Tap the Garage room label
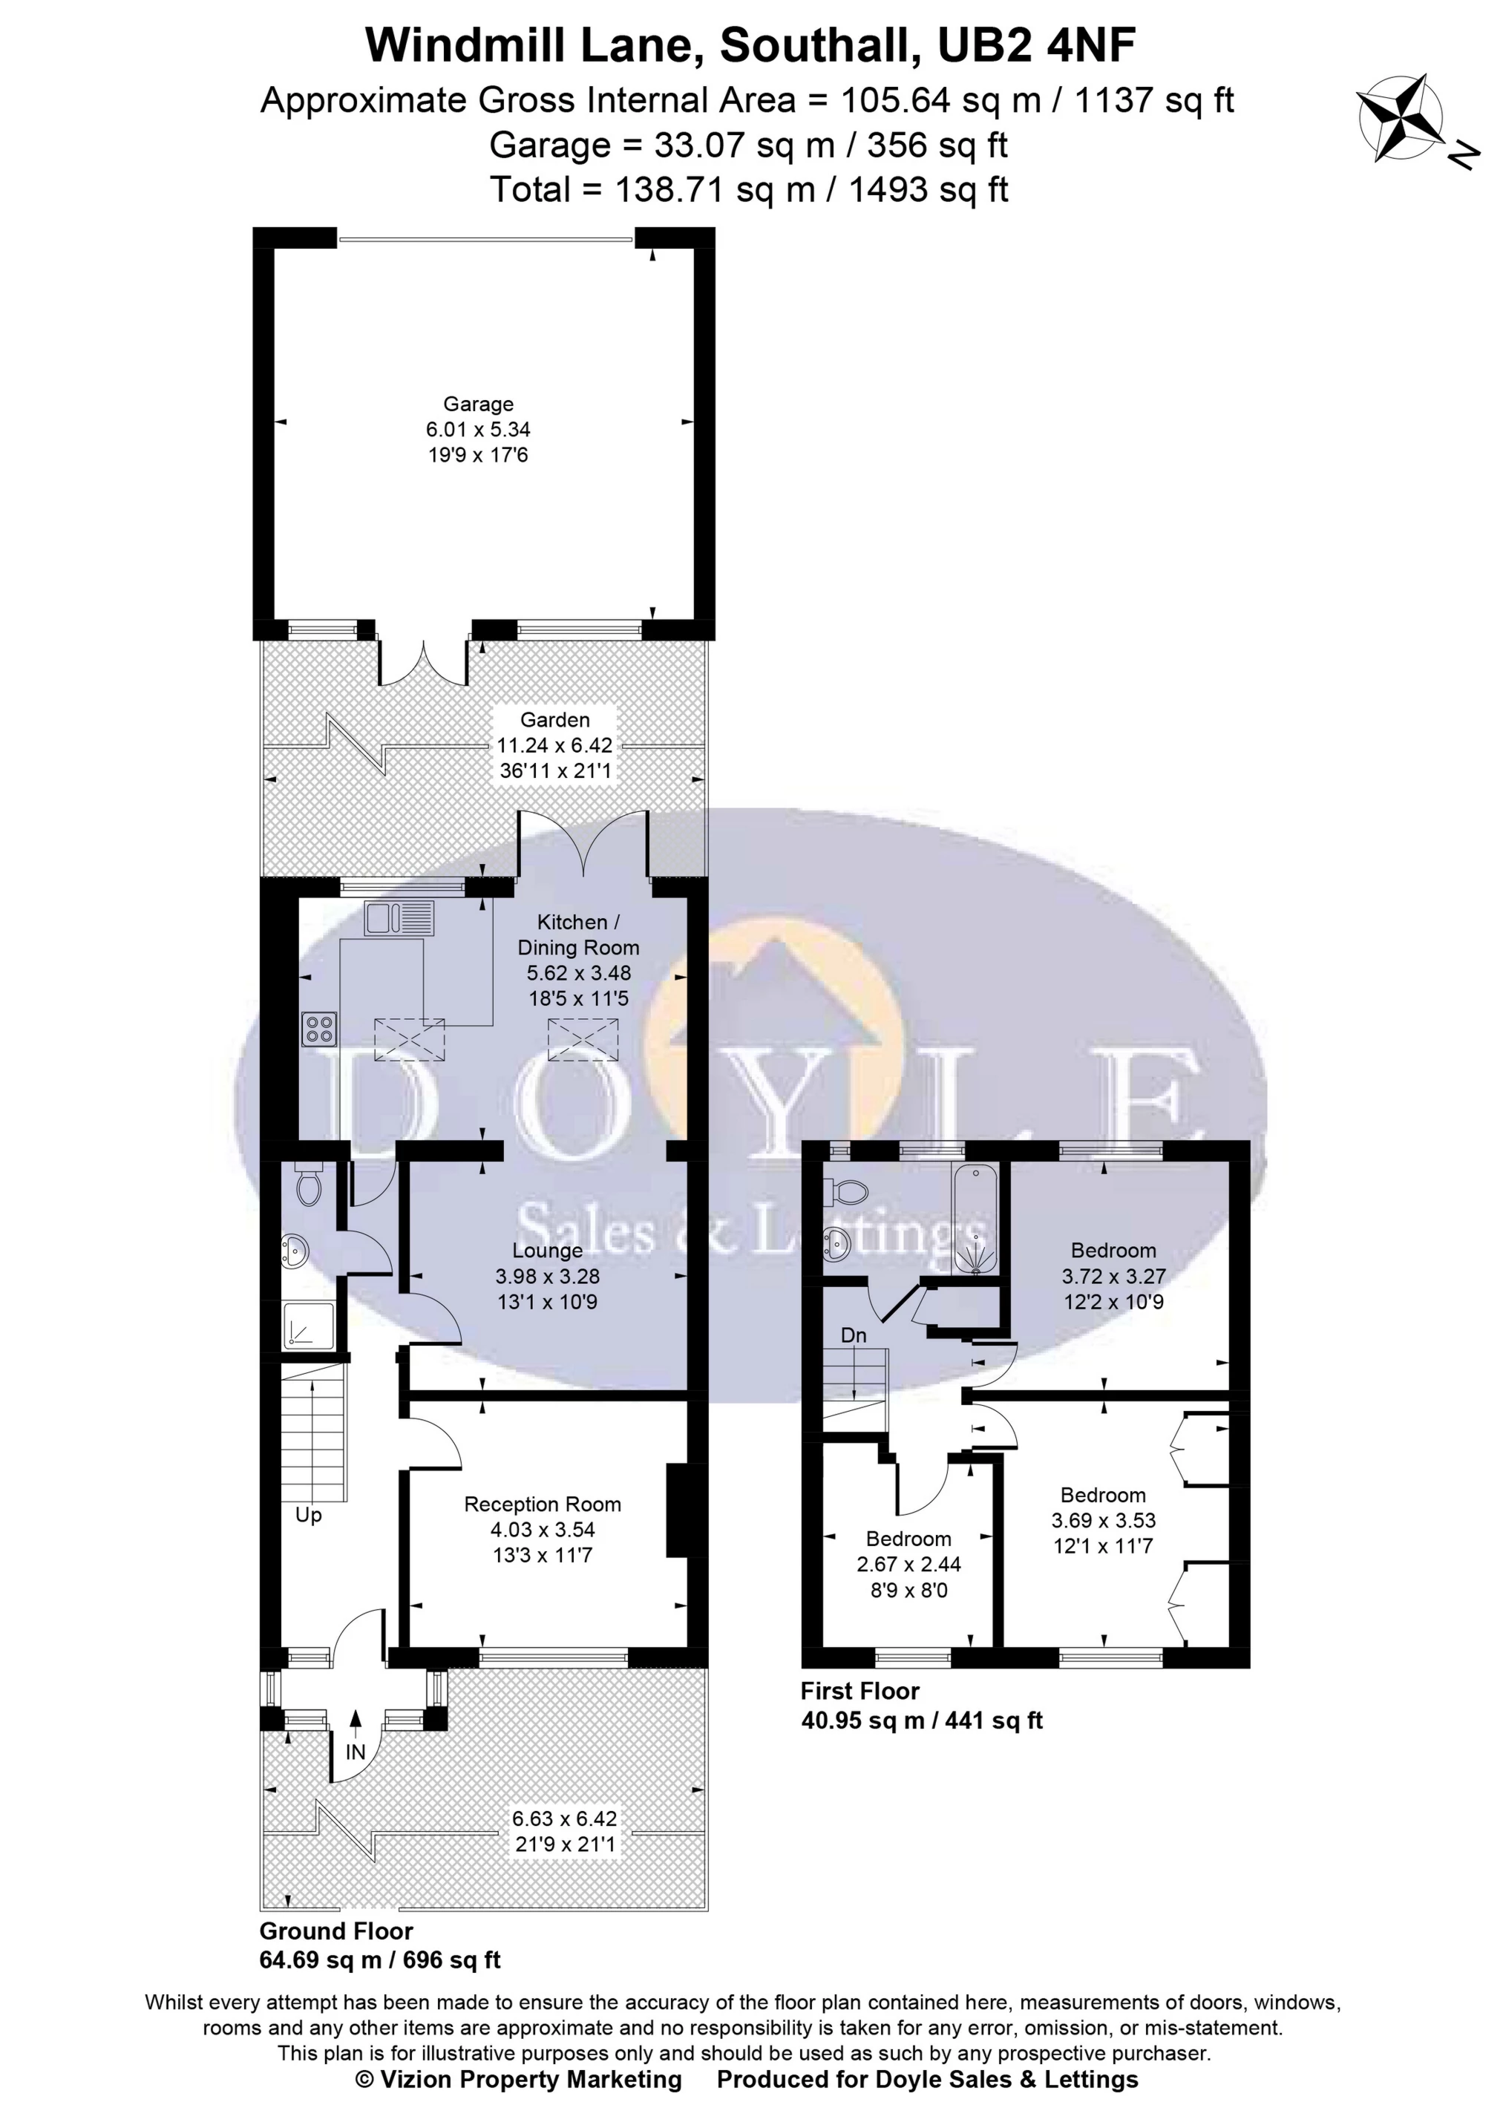pyautogui.click(x=477, y=405)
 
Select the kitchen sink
pyautogui.click(x=393, y=918)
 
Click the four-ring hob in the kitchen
pyautogui.click(x=319, y=1029)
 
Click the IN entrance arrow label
pyautogui.click(x=356, y=1752)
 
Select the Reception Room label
pyautogui.click(x=543, y=1505)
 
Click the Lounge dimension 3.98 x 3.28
pyautogui.click(x=547, y=1277)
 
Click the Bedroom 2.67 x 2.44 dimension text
pyautogui.click(x=908, y=1565)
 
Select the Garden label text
pyautogui.click(x=554, y=719)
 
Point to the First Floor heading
pyautogui.click(x=859, y=1691)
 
